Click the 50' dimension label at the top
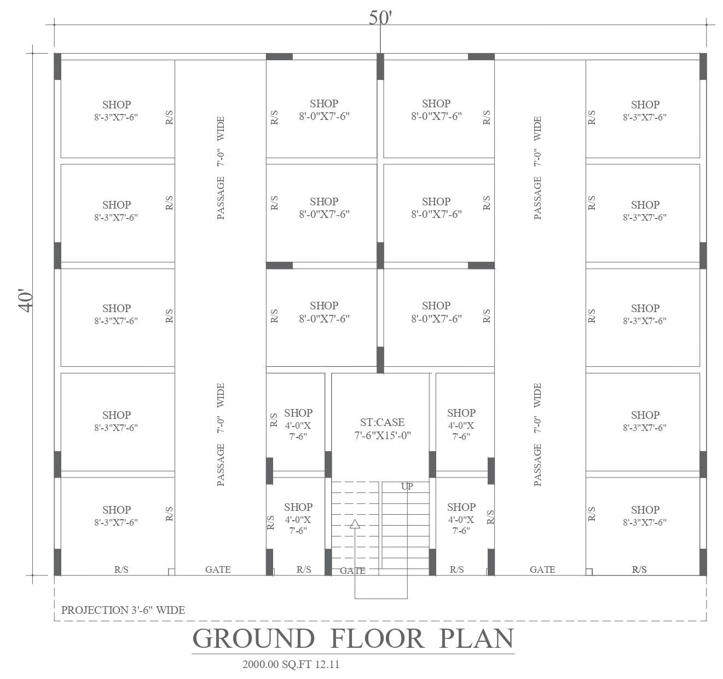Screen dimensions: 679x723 pyautogui.click(x=380, y=18)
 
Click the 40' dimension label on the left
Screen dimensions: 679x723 pyautogui.click(x=26, y=301)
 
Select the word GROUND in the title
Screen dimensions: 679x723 pyautogui.click(x=254, y=638)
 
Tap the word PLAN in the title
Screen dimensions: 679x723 pyautogui.click(x=477, y=638)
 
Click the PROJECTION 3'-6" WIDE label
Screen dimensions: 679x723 pyautogui.click(x=123, y=610)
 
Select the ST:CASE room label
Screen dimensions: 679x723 pyautogui.click(x=382, y=422)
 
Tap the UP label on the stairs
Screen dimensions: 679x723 pyautogui.click(x=407, y=486)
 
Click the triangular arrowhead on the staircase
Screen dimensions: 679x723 pyautogui.click(x=355, y=524)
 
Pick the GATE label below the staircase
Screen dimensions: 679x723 pyautogui.click(x=352, y=571)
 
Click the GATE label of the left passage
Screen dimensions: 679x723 pyautogui.click(x=218, y=569)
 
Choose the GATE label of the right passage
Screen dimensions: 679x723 pyautogui.click(x=542, y=569)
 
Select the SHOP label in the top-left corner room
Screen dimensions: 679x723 pyautogui.click(x=117, y=104)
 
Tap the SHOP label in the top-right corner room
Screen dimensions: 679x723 pyautogui.click(x=645, y=104)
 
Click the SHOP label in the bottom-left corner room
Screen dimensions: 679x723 pyautogui.click(x=117, y=510)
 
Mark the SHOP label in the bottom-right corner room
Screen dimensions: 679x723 pyautogui.click(x=645, y=510)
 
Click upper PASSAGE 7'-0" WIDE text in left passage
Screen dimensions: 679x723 pyautogui.click(x=221, y=168)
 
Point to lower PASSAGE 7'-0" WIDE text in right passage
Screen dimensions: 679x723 pyautogui.click(x=537, y=434)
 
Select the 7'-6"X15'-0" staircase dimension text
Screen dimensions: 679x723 pyautogui.click(x=382, y=436)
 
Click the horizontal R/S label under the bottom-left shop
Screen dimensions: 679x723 pyautogui.click(x=122, y=569)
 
